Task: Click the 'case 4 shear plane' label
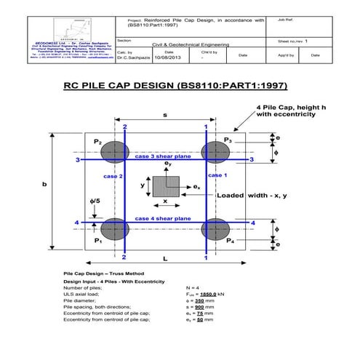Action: [162, 218]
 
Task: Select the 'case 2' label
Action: [113, 177]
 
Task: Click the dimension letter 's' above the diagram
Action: [165, 115]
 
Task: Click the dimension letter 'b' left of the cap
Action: [45, 185]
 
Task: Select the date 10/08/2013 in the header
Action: [168, 59]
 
